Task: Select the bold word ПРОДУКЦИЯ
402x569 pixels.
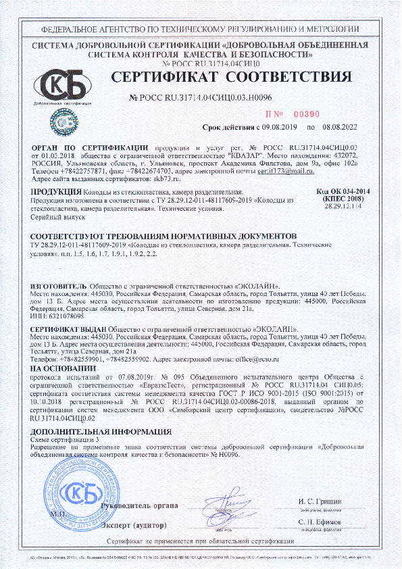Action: (53, 193)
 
